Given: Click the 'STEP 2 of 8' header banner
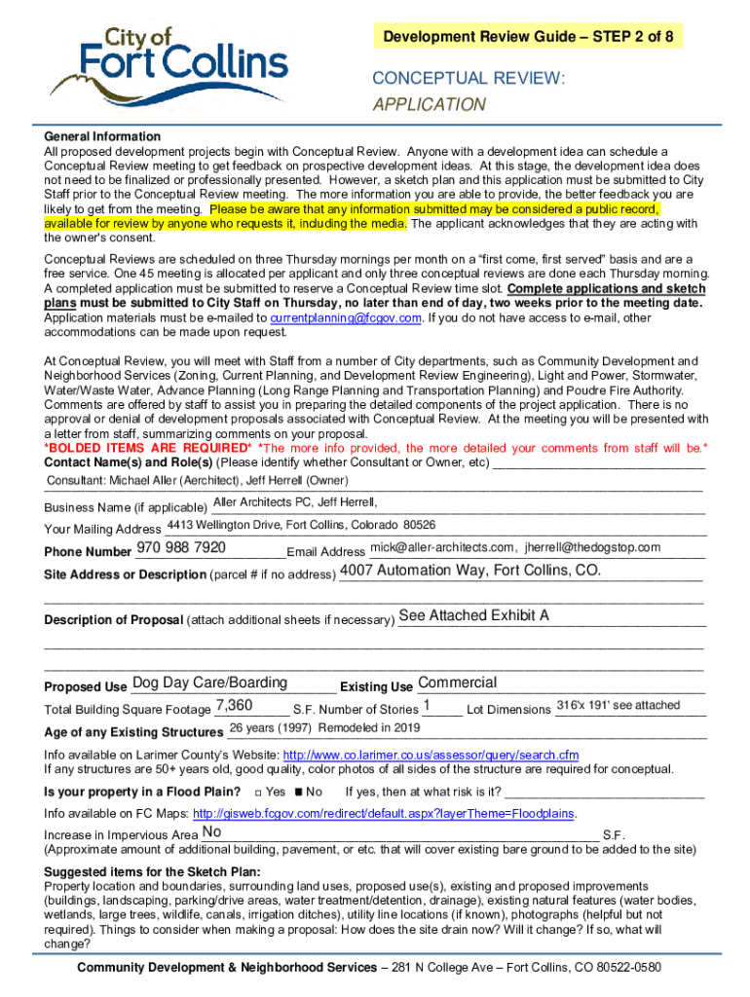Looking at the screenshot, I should click(x=529, y=37).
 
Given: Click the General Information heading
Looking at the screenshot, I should click(x=102, y=136).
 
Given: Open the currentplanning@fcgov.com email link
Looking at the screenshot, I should click(x=346, y=317).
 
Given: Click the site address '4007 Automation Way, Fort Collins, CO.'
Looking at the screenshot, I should click(x=470, y=571).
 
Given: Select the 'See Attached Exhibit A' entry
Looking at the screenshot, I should click(x=474, y=615).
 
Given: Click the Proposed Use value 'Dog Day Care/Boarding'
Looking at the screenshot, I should click(x=209, y=683).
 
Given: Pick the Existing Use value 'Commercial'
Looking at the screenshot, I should click(x=457, y=683).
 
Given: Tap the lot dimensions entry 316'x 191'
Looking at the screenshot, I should click(x=618, y=705).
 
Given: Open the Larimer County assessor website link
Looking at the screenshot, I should click(x=430, y=755).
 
